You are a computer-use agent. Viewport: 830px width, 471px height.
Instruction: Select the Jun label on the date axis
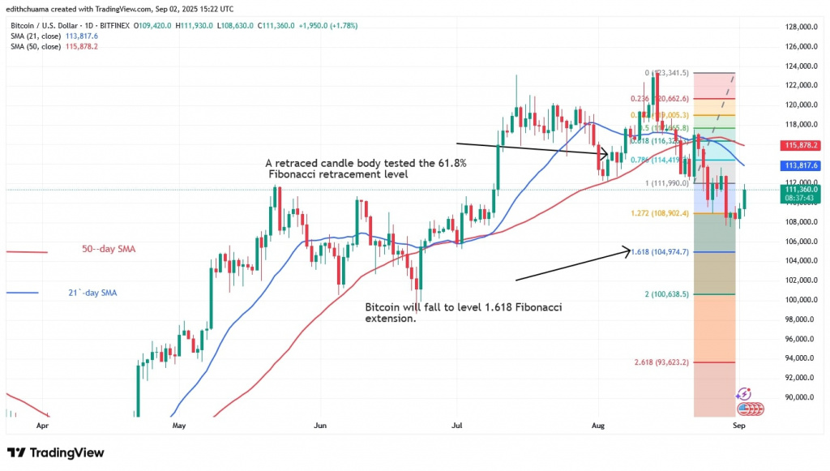pos(320,424)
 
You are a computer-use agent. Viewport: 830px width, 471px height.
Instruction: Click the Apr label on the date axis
pos(43,424)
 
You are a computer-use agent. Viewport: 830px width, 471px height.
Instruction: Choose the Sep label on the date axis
pos(738,424)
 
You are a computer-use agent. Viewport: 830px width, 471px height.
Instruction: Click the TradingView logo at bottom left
pos(56,452)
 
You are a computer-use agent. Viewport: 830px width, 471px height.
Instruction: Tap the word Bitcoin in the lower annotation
pos(383,307)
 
